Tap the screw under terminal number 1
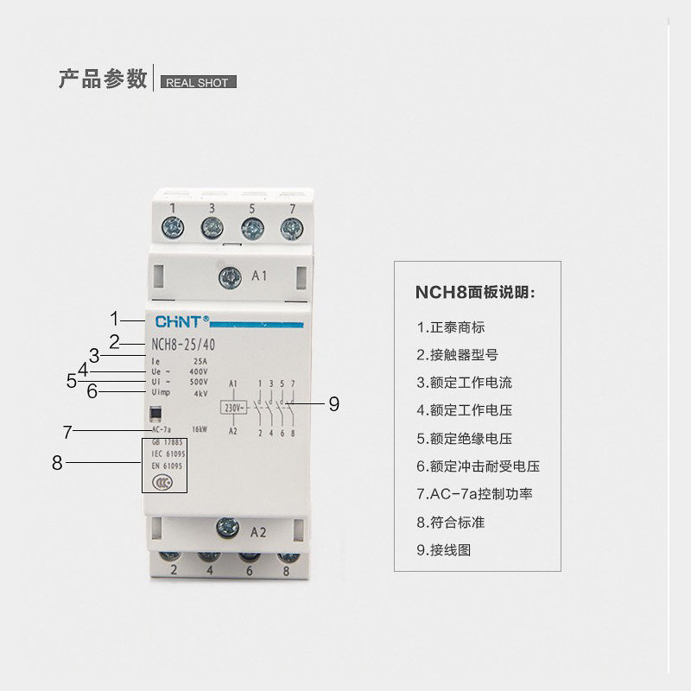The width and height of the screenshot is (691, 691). click(x=174, y=229)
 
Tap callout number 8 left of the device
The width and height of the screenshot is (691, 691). click(x=58, y=462)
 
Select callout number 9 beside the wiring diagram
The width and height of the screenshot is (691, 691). click(x=333, y=403)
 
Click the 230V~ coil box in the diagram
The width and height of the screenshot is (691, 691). click(x=234, y=406)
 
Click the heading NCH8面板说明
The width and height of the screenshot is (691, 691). click(x=474, y=292)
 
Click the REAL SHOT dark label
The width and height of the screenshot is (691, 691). click(x=196, y=83)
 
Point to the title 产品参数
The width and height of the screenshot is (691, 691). click(x=102, y=79)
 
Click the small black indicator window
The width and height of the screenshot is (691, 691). click(x=155, y=414)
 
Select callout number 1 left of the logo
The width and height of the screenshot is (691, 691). click(x=115, y=317)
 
